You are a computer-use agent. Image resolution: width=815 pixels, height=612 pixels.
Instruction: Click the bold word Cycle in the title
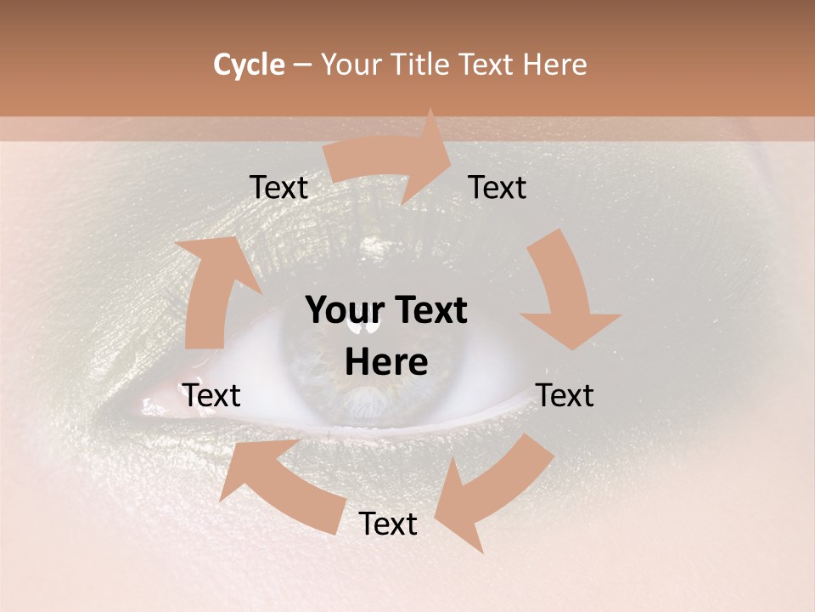(249, 65)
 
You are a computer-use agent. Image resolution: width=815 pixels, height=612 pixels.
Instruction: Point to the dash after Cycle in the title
(302, 65)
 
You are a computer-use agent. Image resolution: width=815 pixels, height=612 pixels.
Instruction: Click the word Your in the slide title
(352, 65)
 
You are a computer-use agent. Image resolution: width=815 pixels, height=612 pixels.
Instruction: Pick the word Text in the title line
(486, 65)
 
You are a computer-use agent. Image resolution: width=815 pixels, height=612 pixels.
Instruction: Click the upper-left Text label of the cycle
(278, 188)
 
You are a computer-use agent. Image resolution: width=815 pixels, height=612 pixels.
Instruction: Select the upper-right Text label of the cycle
(497, 187)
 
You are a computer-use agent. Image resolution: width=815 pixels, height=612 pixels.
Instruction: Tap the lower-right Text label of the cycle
(565, 395)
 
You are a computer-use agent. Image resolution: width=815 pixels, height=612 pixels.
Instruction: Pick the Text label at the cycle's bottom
(388, 524)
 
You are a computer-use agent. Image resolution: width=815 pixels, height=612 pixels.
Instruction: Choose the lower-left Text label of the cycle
(211, 395)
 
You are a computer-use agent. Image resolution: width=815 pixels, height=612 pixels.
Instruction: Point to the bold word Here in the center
(386, 363)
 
